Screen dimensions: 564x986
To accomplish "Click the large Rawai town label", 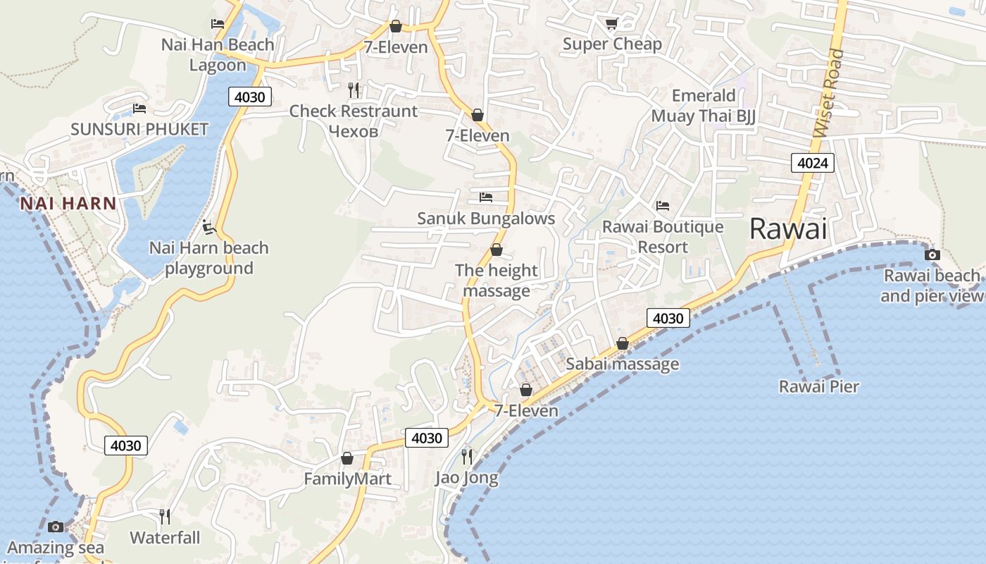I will tap(787, 229).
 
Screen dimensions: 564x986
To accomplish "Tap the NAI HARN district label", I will tap(68, 204).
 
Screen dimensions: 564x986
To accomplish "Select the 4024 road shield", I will tap(812, 164).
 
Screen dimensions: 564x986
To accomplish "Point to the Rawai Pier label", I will tap(818, 386).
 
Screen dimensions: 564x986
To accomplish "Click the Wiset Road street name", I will tap(828, 92).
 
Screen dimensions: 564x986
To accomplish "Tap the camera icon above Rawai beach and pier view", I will tap(932, 255).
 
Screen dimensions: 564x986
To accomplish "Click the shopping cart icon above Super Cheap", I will tap(611, 24).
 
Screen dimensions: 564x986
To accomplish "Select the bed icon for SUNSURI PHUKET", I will tap(139, 109).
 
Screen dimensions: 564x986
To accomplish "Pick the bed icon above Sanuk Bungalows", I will tap(485, 197).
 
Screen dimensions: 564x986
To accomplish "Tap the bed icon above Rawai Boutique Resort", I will tap(662, 206).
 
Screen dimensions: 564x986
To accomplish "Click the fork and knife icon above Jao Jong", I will tap(466, 457).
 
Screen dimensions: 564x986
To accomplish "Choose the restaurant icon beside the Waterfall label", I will tap(165, 517).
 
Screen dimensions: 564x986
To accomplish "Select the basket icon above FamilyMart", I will tap(347, 458).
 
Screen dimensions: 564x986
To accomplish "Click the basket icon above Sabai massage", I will tap(622, 343).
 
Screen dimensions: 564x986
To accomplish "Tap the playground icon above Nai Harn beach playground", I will tap(208, 227).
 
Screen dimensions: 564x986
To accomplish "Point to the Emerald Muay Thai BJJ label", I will tap(703, 106).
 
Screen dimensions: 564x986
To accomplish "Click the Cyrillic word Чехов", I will tap(354, 131).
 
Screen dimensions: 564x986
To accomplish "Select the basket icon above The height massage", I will tap(496, 250).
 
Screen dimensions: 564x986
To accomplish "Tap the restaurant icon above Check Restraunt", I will tap(354, 90).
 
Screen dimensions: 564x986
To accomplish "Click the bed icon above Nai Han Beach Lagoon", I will tap(217, 24).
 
